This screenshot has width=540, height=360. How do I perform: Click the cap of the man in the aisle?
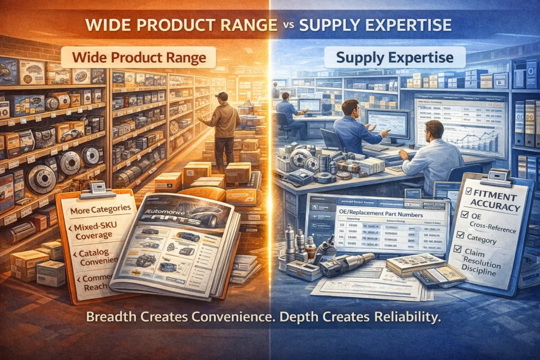221,95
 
